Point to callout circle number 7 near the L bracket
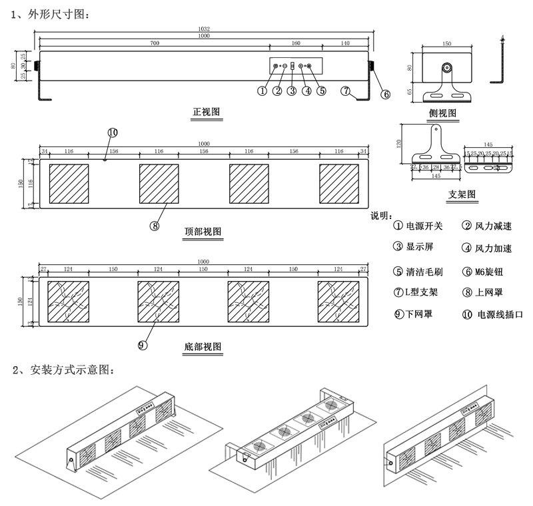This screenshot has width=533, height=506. pyautogui.click(x=346, y=91)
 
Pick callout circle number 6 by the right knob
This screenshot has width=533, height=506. pyautogui.click(x=385, y=95)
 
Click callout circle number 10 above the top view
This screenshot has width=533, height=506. pyautogui.click(x=112, y=132)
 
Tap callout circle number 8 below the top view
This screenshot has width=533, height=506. pyautogui.click(x=155, y=225)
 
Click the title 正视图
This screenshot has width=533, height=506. pyautogui.click(x=206, y=112)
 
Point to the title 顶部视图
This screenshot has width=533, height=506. pyautogui.click(x=203, y=231)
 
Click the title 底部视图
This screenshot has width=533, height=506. pyautogui.click(x=203, y=348)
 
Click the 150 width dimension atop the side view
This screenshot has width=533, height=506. pyautogui.click(x=447, y=44)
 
